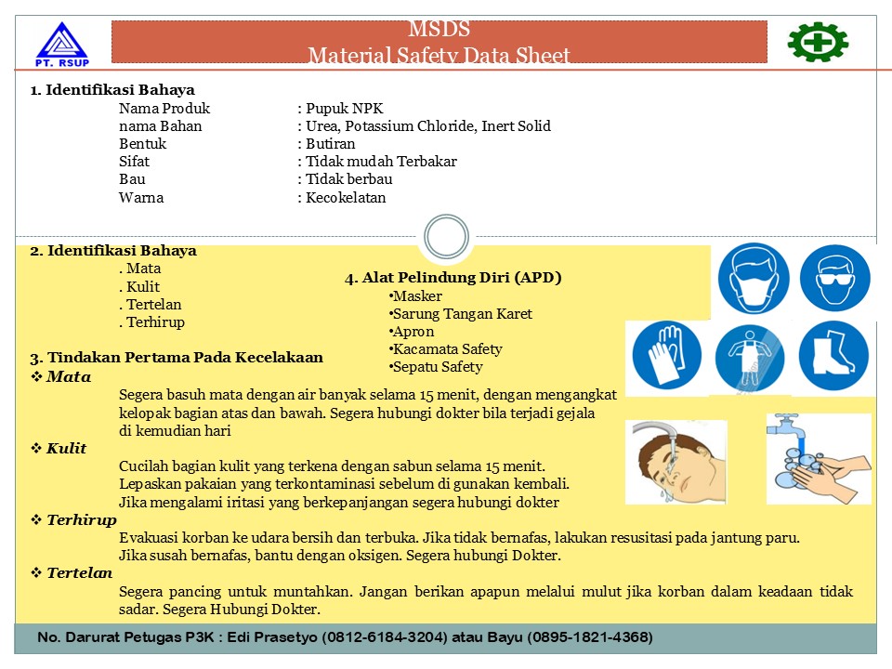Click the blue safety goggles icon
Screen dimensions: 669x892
click(x=834, y=280)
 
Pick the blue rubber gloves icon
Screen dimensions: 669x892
click(x=667, y=357)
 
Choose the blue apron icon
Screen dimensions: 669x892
click(x=750, y=358)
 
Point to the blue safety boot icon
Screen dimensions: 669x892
click(x=833, y=356)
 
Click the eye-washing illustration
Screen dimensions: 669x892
click(x=675, y=461)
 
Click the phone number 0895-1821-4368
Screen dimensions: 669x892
click(x=591, y=637)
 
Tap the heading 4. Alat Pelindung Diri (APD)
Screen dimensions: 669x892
click(x=453, y=278)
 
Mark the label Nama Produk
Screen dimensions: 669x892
click(x=164, y=109)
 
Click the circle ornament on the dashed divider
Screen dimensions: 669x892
click(x=446, y=236)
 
